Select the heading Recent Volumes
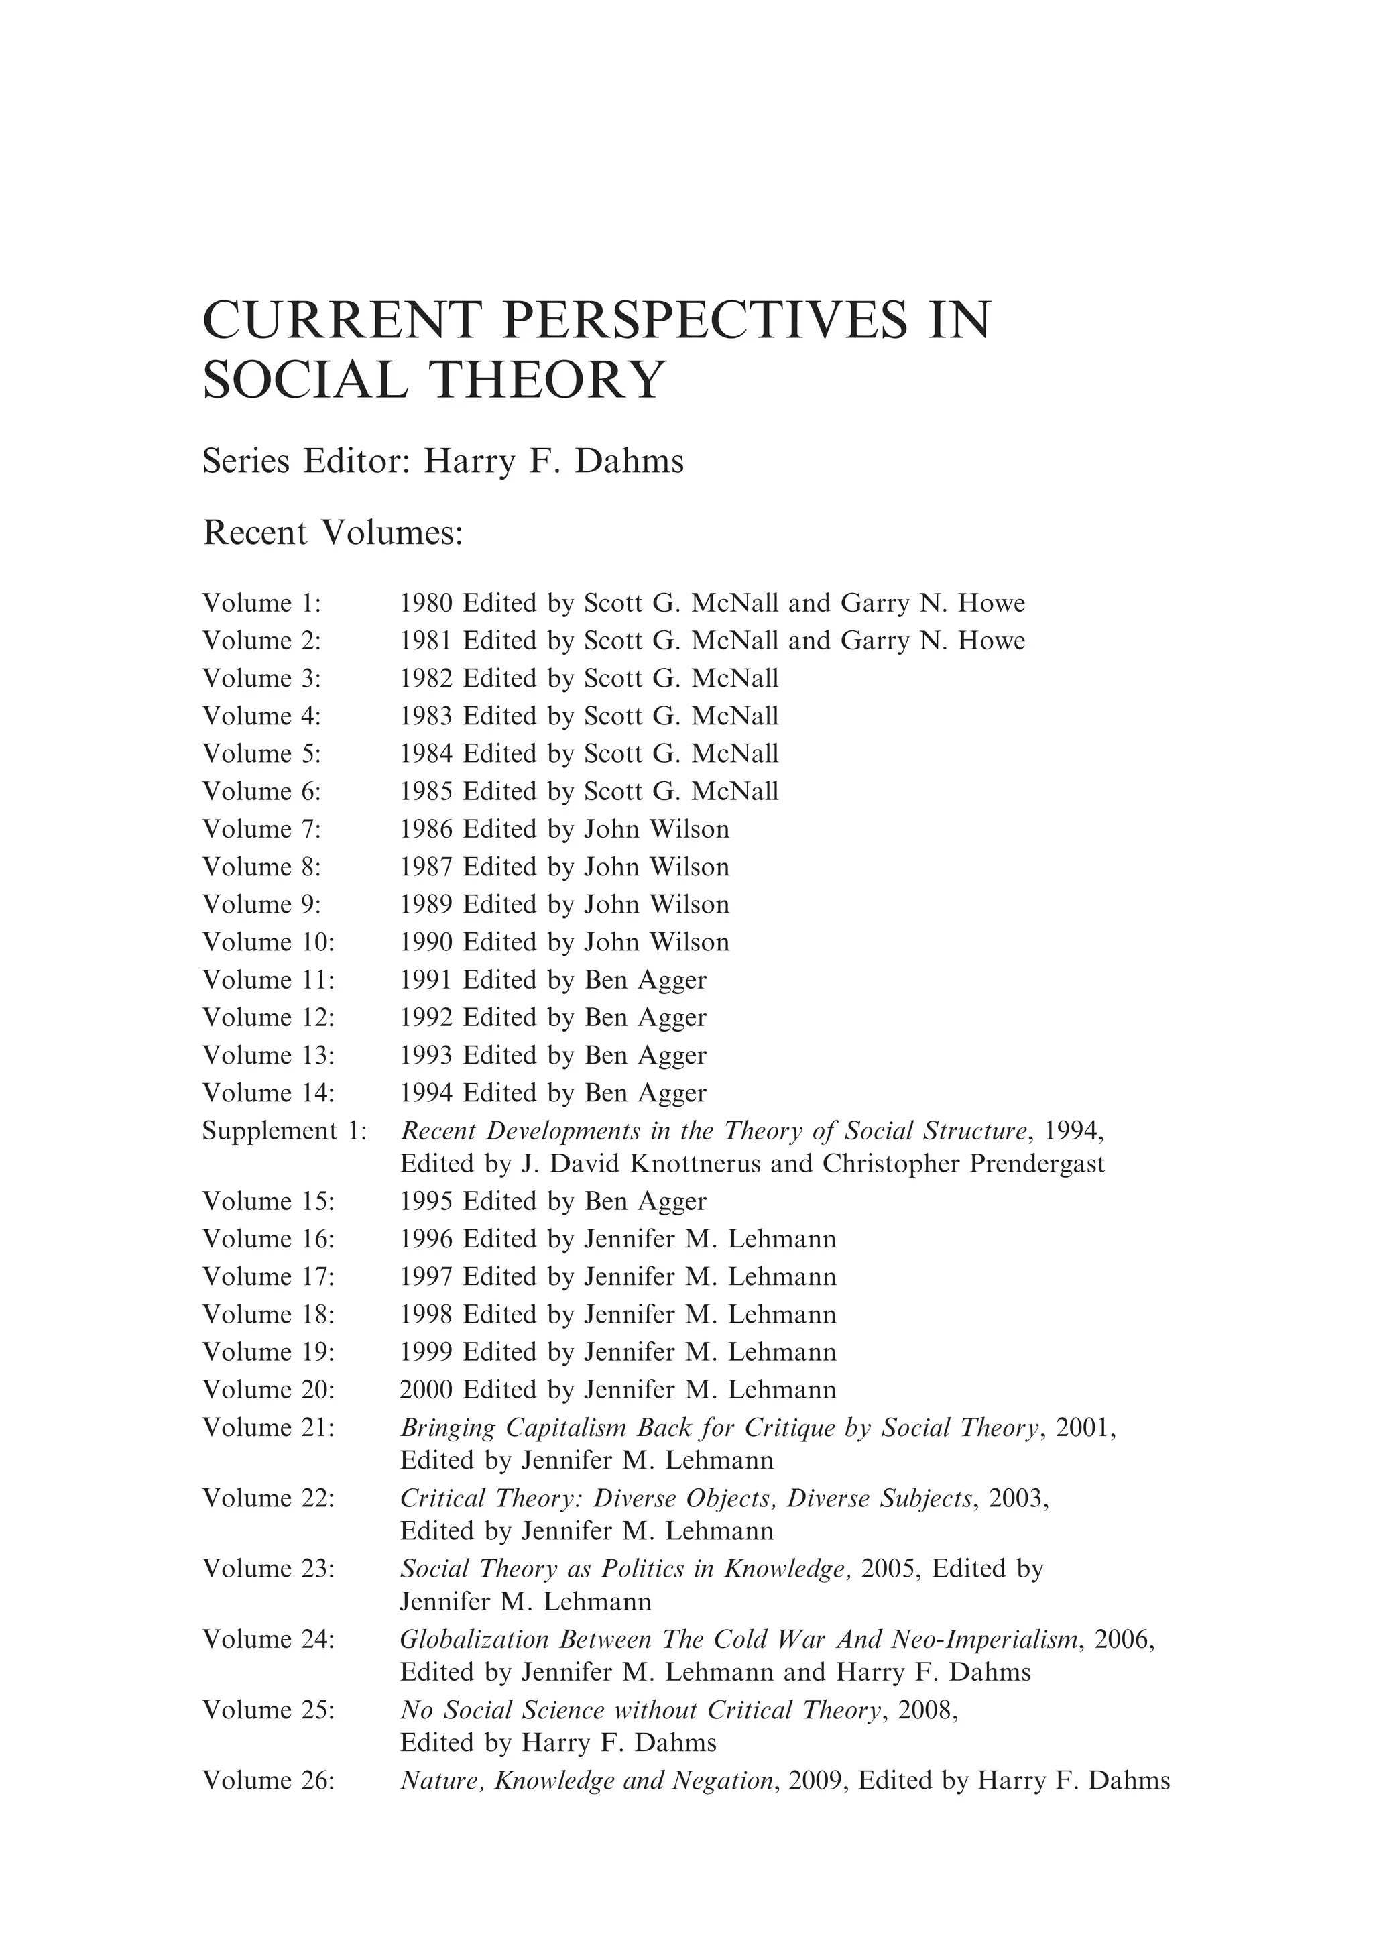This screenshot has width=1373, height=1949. (333, 533)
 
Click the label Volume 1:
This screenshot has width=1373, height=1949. (261, 604)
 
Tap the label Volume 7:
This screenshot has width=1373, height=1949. (261, 830)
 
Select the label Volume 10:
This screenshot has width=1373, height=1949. (268, 942)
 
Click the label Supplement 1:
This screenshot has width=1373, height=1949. (284, 1131)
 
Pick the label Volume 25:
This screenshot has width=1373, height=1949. (268, 1712)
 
